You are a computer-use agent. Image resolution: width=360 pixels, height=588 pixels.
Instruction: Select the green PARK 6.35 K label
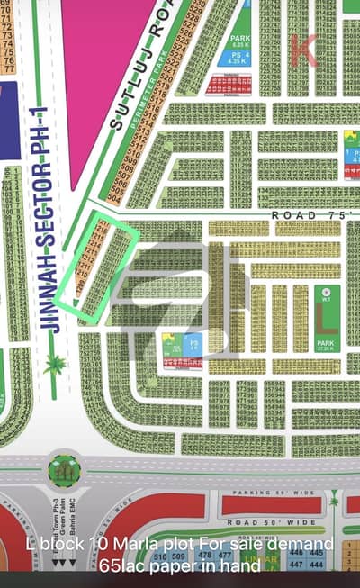[239, 41]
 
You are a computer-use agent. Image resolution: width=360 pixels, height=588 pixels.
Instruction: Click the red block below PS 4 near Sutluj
[229, 85]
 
